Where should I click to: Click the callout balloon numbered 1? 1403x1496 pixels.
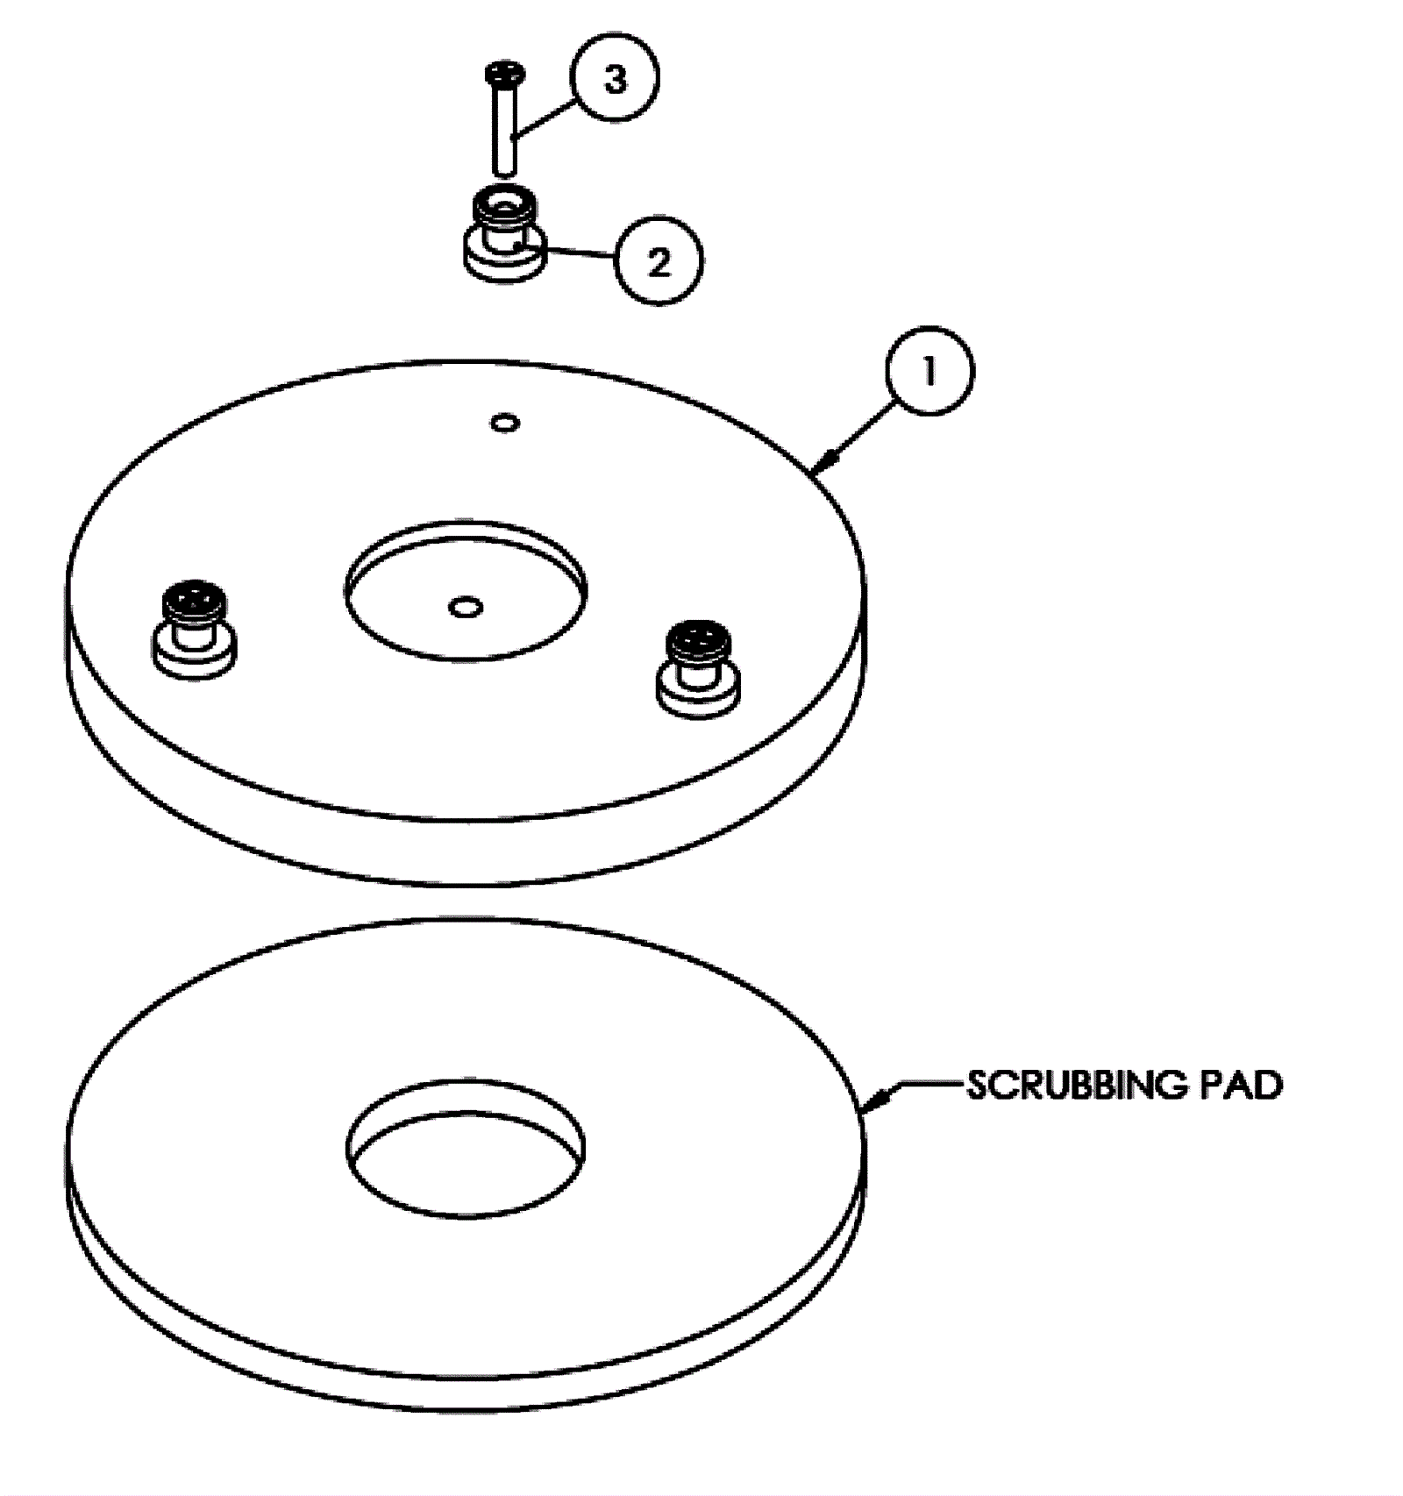[929, 371]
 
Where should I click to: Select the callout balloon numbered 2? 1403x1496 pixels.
[658, 261]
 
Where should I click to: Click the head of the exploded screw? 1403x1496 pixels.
[503, 75]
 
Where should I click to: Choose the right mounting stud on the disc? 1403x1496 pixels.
[698, 671]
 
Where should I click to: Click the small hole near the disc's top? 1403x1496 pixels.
[505, 424]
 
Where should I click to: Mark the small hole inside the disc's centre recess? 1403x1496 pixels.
[465, 606]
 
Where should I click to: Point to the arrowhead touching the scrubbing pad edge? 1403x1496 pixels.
[880, 1100]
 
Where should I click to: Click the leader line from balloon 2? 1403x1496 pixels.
[579, 254]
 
